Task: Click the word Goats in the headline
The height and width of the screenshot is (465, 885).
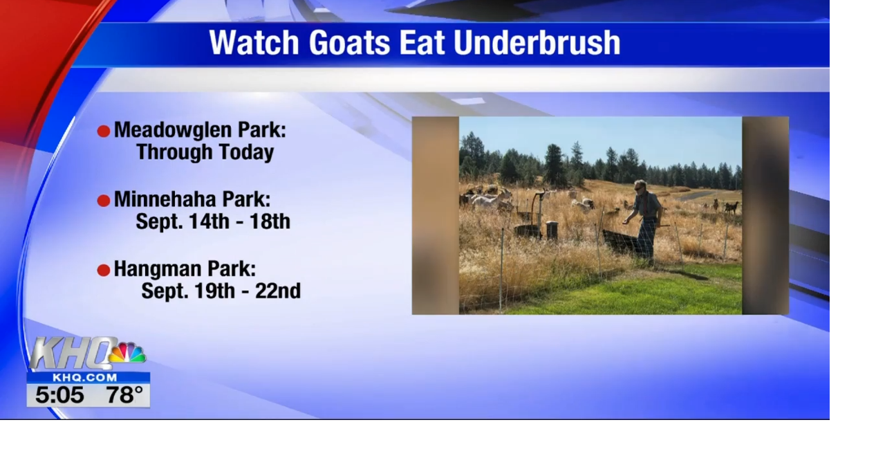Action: point(350,43)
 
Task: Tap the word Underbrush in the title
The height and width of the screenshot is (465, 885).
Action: point(537,43)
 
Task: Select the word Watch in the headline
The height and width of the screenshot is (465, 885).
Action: point(255,43)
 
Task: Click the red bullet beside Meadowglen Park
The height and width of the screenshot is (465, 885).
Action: point(104,131)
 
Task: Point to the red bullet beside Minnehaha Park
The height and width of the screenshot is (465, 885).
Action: point(104,201)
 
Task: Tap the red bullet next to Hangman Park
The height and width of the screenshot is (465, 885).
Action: point(104,270)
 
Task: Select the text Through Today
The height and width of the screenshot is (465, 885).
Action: point(205,152)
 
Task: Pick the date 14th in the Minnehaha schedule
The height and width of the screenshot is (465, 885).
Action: point(201,221)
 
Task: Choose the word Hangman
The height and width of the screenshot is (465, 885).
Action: point(157,268)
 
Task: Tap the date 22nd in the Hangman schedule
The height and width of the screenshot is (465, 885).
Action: point(278,291)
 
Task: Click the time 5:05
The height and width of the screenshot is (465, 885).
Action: point(59,396)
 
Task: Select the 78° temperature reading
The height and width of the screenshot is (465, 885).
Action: point(124,396)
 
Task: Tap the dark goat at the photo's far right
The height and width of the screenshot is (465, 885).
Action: point(731,207)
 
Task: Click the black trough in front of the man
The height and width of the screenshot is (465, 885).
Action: point(621,241)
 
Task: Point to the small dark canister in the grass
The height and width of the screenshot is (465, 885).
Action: point(552,230)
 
